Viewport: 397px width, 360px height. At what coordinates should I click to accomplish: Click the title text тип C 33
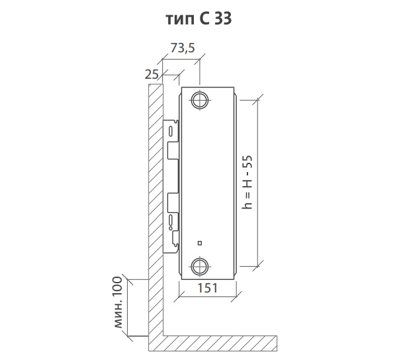tap(198, 19)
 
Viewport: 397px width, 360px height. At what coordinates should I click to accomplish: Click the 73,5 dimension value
tap(183, 48)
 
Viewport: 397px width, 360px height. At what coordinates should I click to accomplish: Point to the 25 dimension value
tap(152, 74)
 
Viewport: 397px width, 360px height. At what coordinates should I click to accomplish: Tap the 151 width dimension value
tap(207, 288)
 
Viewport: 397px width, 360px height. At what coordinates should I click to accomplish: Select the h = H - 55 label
tap(247, 182)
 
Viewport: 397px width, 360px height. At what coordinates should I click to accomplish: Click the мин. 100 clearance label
tap(118, 302)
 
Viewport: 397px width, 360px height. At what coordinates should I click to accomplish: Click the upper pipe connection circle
tap(200, 100)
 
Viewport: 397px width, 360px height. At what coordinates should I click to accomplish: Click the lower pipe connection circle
tap(200, 267)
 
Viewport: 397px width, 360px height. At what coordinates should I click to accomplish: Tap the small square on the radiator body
tap(200, 244)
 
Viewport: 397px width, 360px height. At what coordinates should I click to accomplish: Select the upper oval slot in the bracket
tap(171, 132)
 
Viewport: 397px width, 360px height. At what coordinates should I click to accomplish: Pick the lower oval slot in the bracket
tap(171, 220)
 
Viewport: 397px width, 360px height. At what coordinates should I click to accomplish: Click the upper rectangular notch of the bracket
tap(173, 151)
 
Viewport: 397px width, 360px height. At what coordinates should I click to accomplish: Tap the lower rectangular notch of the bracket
tap(173, 203)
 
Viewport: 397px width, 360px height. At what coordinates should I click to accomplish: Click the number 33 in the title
tap(223, 19)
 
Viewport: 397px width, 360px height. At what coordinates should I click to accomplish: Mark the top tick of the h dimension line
tap(258, 100)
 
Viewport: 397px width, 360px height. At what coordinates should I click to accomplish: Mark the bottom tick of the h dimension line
tap(258, 266)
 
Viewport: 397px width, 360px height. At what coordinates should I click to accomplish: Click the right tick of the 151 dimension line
tap(236, 296)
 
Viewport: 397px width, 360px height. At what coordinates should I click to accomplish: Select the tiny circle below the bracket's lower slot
tap(171, 228)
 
